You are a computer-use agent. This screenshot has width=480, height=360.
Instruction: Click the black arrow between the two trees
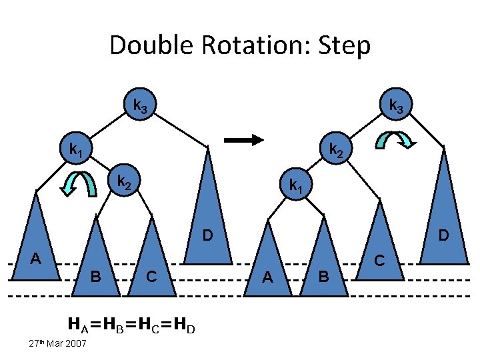[x=244, y=140]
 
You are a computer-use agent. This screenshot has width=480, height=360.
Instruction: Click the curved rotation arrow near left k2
[x=78, y=184]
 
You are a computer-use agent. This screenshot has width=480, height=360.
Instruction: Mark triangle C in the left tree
[x=155, y=260]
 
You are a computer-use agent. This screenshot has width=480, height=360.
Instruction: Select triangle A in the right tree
[x=269, y=263]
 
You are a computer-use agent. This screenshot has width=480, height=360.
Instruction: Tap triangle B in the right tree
[x=325, y=263]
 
